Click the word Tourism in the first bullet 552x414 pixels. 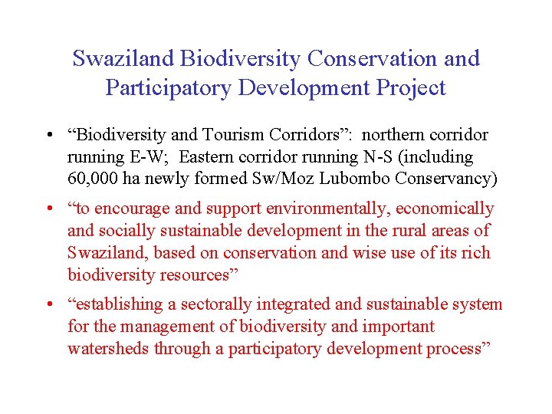(233, 135)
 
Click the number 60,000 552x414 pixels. (91, 179)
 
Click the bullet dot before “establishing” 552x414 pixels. (49, 305)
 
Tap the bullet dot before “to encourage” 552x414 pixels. (49, 209)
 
